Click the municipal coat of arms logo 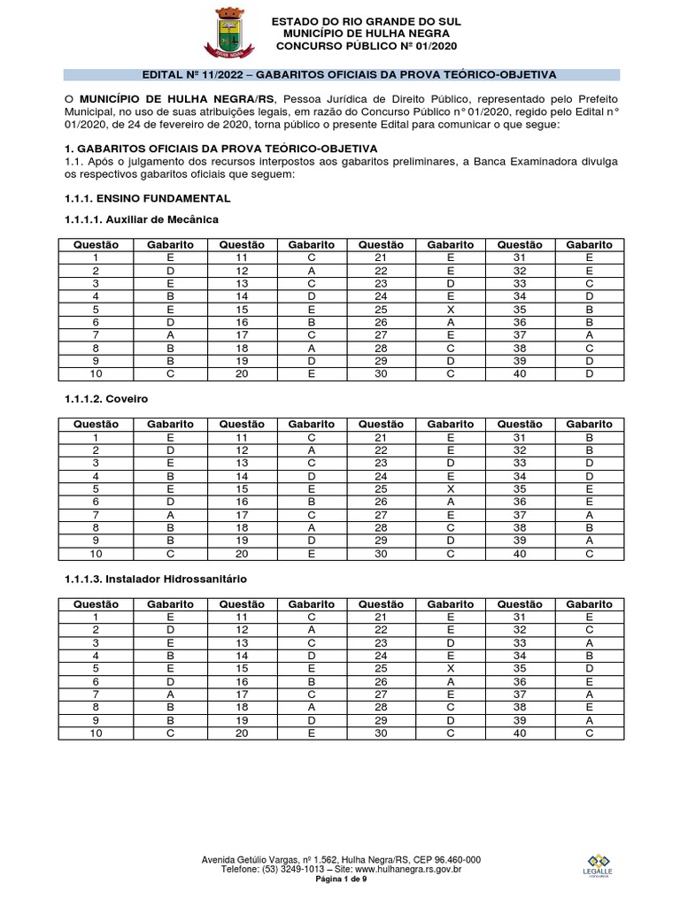point(230,33)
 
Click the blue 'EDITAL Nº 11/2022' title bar point(341,74)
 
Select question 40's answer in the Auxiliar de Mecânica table point(590,374)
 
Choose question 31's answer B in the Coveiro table point(590,437)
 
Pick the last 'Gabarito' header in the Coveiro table point(590,425)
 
